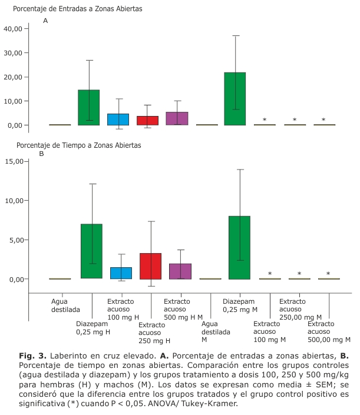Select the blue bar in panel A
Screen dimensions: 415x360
click(118, 119)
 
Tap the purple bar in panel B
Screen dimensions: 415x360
click(180, 271)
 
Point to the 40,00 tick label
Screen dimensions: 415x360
click(13, 29)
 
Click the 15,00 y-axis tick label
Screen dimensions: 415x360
click(13, 161)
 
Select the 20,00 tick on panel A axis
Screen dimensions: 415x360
click(13, 77)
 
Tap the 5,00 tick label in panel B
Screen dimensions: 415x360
click(15, 240)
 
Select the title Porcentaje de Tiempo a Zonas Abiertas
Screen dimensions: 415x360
click(78, 145)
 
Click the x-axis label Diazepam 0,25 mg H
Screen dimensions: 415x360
click(93, 328)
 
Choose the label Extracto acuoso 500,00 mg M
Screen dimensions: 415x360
click(329, 332)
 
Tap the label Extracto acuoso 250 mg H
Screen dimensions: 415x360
click(154, 333)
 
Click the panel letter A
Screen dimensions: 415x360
click(45, 21)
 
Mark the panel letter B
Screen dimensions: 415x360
click(42, 154)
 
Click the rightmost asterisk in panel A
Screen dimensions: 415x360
click(323, 120)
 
